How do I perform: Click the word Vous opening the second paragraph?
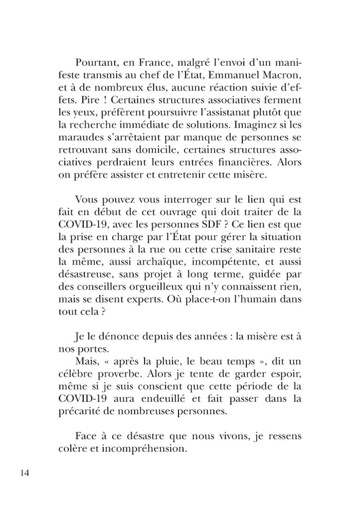point(87,200)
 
